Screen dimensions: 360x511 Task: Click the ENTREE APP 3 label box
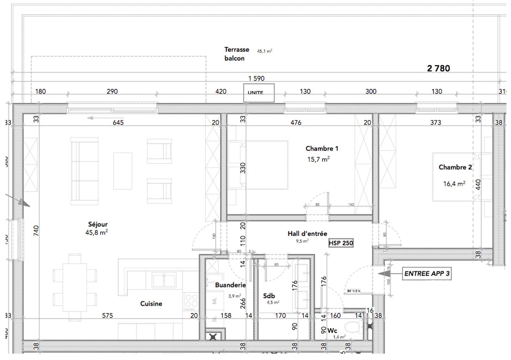pyautogui.click(x=427, y=274)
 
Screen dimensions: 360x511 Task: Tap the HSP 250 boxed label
pyautogui.click(x=341, y=243)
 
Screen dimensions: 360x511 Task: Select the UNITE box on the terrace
pyautogui.click(x=259, y=93)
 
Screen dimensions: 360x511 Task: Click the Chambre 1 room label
pyautogui.click(x=322, y=149)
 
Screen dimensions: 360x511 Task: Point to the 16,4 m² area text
pyautogui.click(x=454, y=184)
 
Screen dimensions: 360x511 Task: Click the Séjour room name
pyautogui.click(x=98, y=224)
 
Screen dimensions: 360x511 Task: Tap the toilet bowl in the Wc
pyautogui.click(x=353, y=328)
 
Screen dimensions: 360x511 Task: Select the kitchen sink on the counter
pyautogui.click(x=164, y=280)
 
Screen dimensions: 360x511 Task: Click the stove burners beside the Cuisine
pyautogui.click(x=191, y=301)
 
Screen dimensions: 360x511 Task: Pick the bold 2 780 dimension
pyautogui.click(x=438, y=68)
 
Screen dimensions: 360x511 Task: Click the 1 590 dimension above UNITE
pyautogui.click(x=256, y=78)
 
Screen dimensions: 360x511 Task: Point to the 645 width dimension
pyautogui.click(x=118, y=123)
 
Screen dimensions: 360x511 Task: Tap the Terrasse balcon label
pyautogui.click(x=236, y=54)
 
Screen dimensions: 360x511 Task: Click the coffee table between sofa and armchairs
pyautogui.click(x=123, y=171)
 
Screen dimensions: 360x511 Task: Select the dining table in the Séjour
pyautogui.click(x=75, y=287)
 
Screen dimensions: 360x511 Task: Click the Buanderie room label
pyautogui.click(x=230, y=285)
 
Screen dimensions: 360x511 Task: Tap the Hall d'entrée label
pyautogui.click(x=307, y=234)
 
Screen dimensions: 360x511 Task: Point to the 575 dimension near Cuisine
pyautogui.click(x=107, y=316)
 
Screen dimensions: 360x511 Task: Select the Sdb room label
pyautogui.click(x=269, y=296)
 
